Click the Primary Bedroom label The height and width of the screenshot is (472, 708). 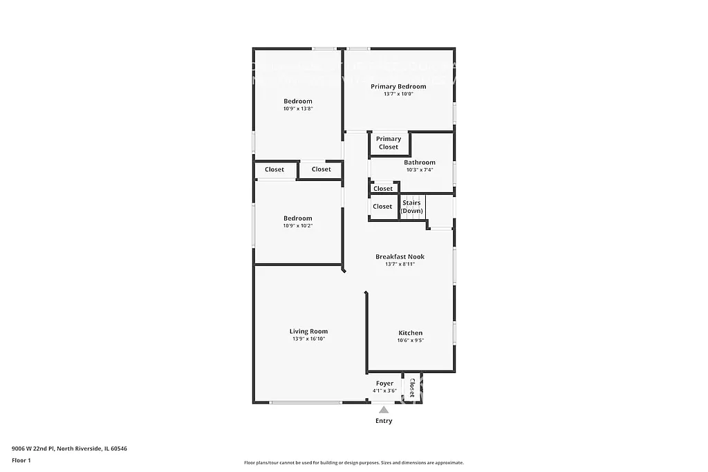coord(398,86)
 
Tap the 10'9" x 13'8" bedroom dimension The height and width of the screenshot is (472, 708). coord(297,108)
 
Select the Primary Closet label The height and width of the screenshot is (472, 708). coord(389,143)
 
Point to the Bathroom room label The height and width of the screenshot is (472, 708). coord(420,162)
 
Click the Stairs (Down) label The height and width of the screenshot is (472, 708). coord(412,207)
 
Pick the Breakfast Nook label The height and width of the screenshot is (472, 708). coord(400,256)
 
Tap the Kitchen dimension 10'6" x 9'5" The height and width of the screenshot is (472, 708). coord(410,340)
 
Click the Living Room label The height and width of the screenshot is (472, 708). coord(308,331)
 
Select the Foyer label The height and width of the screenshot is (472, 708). coord(384,384)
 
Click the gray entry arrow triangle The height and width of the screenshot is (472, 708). coord(384,409)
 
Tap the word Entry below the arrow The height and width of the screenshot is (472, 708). coord(384,421)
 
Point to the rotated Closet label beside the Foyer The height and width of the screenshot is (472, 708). coord(413,388)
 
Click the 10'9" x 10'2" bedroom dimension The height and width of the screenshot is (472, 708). coord(297,226)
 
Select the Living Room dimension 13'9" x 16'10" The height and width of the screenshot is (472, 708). coord(308,339)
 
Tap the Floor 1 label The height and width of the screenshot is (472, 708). coord(21,460)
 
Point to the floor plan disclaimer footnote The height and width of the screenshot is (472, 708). coord(353,463)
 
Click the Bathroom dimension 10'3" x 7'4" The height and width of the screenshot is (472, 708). coord(420,170)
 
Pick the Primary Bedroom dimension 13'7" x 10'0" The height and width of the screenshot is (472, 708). coord(398,94)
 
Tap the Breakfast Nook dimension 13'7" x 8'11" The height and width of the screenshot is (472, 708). coord(400,264)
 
